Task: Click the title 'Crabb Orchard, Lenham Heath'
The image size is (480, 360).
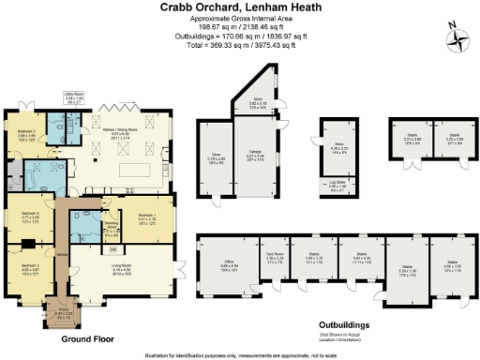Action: (240, 8)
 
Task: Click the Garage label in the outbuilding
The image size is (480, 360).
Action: (254, 157)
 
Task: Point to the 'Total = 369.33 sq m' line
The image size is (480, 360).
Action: (240, 44)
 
